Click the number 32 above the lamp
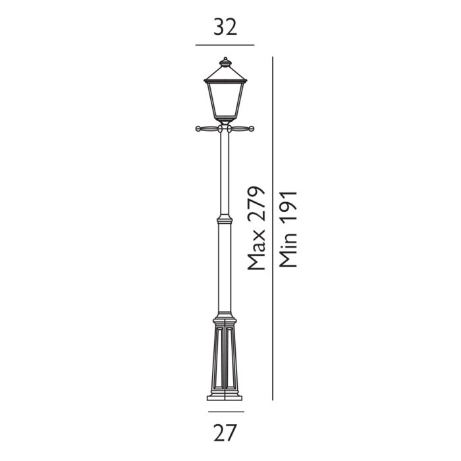click(x=225, y=27)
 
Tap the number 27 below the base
click(x=225, y=433)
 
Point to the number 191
click(x=288, y=211)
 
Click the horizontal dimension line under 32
click(x=225, y=45)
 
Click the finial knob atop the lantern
click(x=225, y=61)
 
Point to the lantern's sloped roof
click(x=225, y=72)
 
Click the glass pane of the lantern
click(x=225, y=99)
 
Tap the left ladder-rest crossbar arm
click(x=209, y=128)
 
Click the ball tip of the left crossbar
click(x=198, y=128)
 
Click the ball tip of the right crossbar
click(x=252, y=128)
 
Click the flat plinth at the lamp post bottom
click(x=225, y=397)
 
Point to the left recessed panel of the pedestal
click(x=217, y=362)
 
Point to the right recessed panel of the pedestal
click(x=233, y=362)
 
